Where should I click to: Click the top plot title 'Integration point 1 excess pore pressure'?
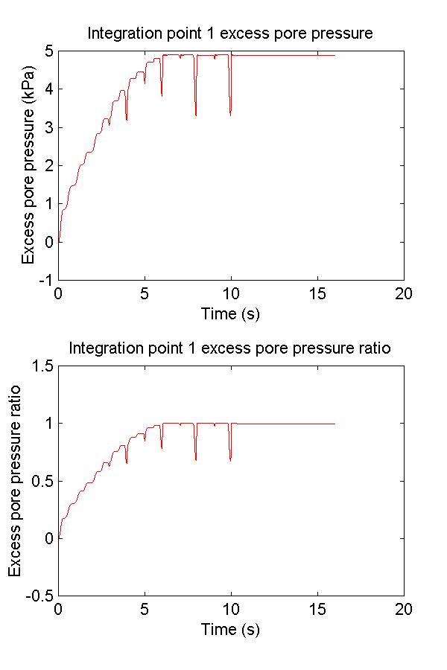click(x=230, y=33)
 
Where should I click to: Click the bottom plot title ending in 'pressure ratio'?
click(x=230, y=348)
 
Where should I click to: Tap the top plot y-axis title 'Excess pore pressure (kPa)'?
click(x=28, y=165)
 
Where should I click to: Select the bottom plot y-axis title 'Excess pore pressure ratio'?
click(x=15, y=480)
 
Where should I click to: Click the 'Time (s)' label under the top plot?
click(x=230, y=313)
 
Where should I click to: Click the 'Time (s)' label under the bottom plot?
click(x=230, y=629)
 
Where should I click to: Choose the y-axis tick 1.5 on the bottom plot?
click(x=42, y=366)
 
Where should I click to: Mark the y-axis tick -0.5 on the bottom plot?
click(x=39, y=596)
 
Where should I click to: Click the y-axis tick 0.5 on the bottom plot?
click(x=42, y=481)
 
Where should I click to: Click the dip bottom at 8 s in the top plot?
click(x=196, y=115)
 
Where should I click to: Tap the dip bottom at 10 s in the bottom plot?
click(x=230, y=460)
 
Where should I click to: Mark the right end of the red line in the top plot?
click(x=335, y=56)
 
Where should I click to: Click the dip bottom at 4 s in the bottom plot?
click(x=127, y=463)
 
